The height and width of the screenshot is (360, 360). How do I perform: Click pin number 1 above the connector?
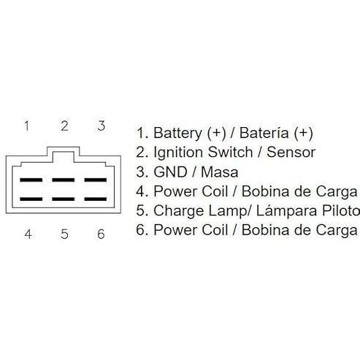click(27, 126)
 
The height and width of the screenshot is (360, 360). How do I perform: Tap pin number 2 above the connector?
click(64, 126)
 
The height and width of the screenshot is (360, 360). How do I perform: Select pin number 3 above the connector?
click(102, 126)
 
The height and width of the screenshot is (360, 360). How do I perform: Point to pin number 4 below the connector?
click(28, 234)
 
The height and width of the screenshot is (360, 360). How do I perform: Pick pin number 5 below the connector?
click(64, 234)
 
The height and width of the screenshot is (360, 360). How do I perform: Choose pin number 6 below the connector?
click(101, 234)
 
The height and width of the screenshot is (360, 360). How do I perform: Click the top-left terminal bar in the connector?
click(31, 180)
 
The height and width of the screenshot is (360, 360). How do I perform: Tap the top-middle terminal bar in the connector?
click(64, 180)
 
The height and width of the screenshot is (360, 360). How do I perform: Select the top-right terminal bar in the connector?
click(96, 180)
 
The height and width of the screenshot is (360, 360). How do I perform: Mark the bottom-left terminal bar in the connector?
click(31, 199)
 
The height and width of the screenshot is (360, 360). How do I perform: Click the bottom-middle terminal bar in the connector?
click(64, 199)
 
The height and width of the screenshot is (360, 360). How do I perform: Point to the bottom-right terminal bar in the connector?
click(96, 199)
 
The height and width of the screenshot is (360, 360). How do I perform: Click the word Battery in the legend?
click(177, 134)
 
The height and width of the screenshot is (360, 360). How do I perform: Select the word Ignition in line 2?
click(178, 153)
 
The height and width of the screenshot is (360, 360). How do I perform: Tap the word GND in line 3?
click(171, 172)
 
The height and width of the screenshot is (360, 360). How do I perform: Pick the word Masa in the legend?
click(220, 172)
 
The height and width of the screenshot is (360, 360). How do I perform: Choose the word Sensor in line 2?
click(291, 153)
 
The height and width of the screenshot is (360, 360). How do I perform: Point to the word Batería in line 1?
click(264, 133)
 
